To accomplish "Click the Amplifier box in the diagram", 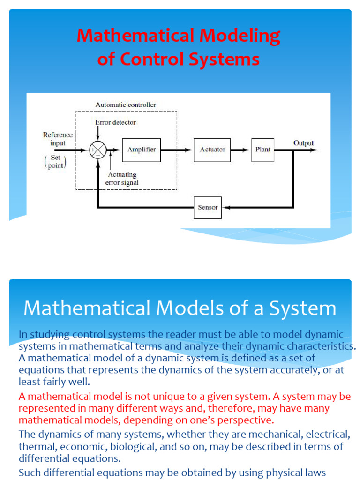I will pyautogui.click(x=142, y=150).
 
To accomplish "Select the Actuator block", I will pyautogui.click(x=212, y=150).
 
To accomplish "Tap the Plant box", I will pyautogui.click(x=263, y=150).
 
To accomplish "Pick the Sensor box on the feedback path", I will pyautogui.click(x=208, y=207).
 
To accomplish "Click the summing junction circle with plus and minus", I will pyautogui.click(x=97, y=150).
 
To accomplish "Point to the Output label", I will pyautogui.click(x=304, y=143).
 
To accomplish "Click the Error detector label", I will pyautogui.click(x=115, y=122).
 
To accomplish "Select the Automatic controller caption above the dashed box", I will pyautogui.click(x=126, y=105).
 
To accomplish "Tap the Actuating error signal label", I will pyautogui.click(x=122, y=179).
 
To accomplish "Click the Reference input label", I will pyautogui.click(x=58, y=139).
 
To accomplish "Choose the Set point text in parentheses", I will pyautogui.click(x=55, y=162).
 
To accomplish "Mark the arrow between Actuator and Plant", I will pyautogui.click(x=241, y=150).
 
